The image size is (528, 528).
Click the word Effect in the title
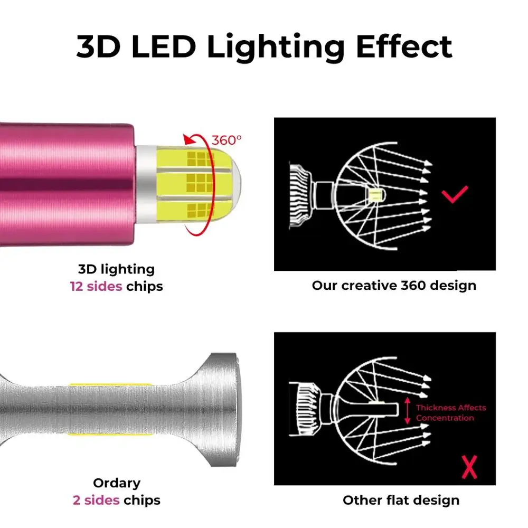coord(404,46)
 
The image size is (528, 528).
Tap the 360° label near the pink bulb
coord(227,140)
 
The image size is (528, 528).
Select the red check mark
coord(455,195)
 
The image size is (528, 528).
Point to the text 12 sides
coord(96,287)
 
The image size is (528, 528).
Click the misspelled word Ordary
coord(117,483)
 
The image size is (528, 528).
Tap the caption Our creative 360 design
coord(394,286)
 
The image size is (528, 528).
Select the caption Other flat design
coord(401,500)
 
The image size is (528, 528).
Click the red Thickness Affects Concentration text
coord(450,412)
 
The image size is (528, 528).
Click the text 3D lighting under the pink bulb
coord(117,269)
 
